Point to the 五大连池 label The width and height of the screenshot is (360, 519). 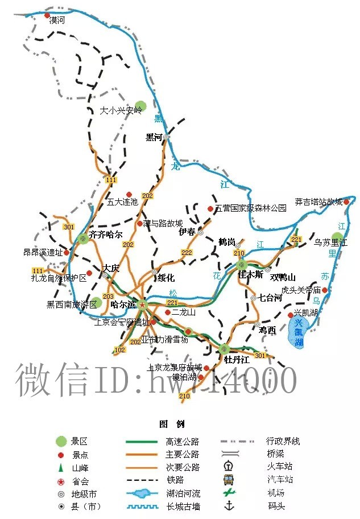pos(122,201)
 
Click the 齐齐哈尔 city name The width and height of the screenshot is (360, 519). pos(106,234)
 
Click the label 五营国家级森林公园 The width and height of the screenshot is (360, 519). pos(251,208)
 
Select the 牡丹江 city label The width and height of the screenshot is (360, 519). pos(235,360)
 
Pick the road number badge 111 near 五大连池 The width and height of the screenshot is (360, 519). pos(111,180)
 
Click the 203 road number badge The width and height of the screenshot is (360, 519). pos(108,296)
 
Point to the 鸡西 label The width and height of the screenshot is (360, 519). pos(267,330)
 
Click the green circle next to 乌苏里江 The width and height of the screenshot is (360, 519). pos(338,237)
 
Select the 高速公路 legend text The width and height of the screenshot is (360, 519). pos(183,442)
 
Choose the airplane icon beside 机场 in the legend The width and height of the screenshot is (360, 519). pos(229,492)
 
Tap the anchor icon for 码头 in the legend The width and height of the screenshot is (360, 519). pos(229,505)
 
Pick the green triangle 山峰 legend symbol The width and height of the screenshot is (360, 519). pos(60,467)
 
